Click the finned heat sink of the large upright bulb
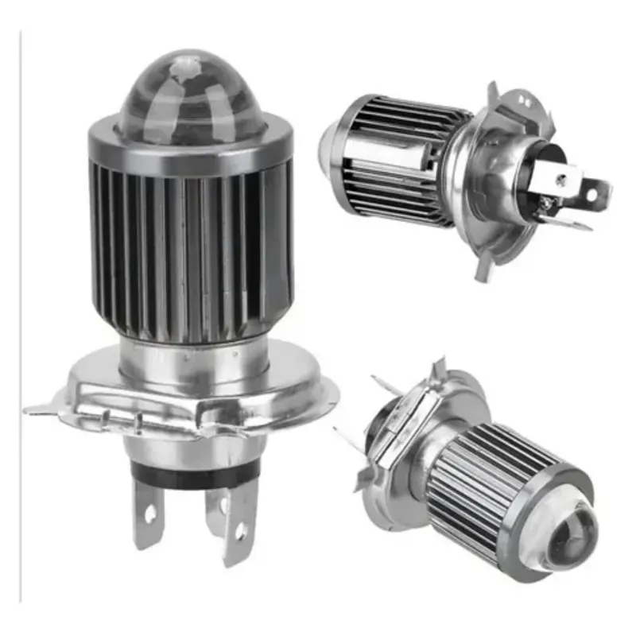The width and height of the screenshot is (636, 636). [x=191, y=246]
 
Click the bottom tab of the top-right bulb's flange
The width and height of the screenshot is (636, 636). [x=483, y=268]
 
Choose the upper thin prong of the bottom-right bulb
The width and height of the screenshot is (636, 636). [x=387, y=385]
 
